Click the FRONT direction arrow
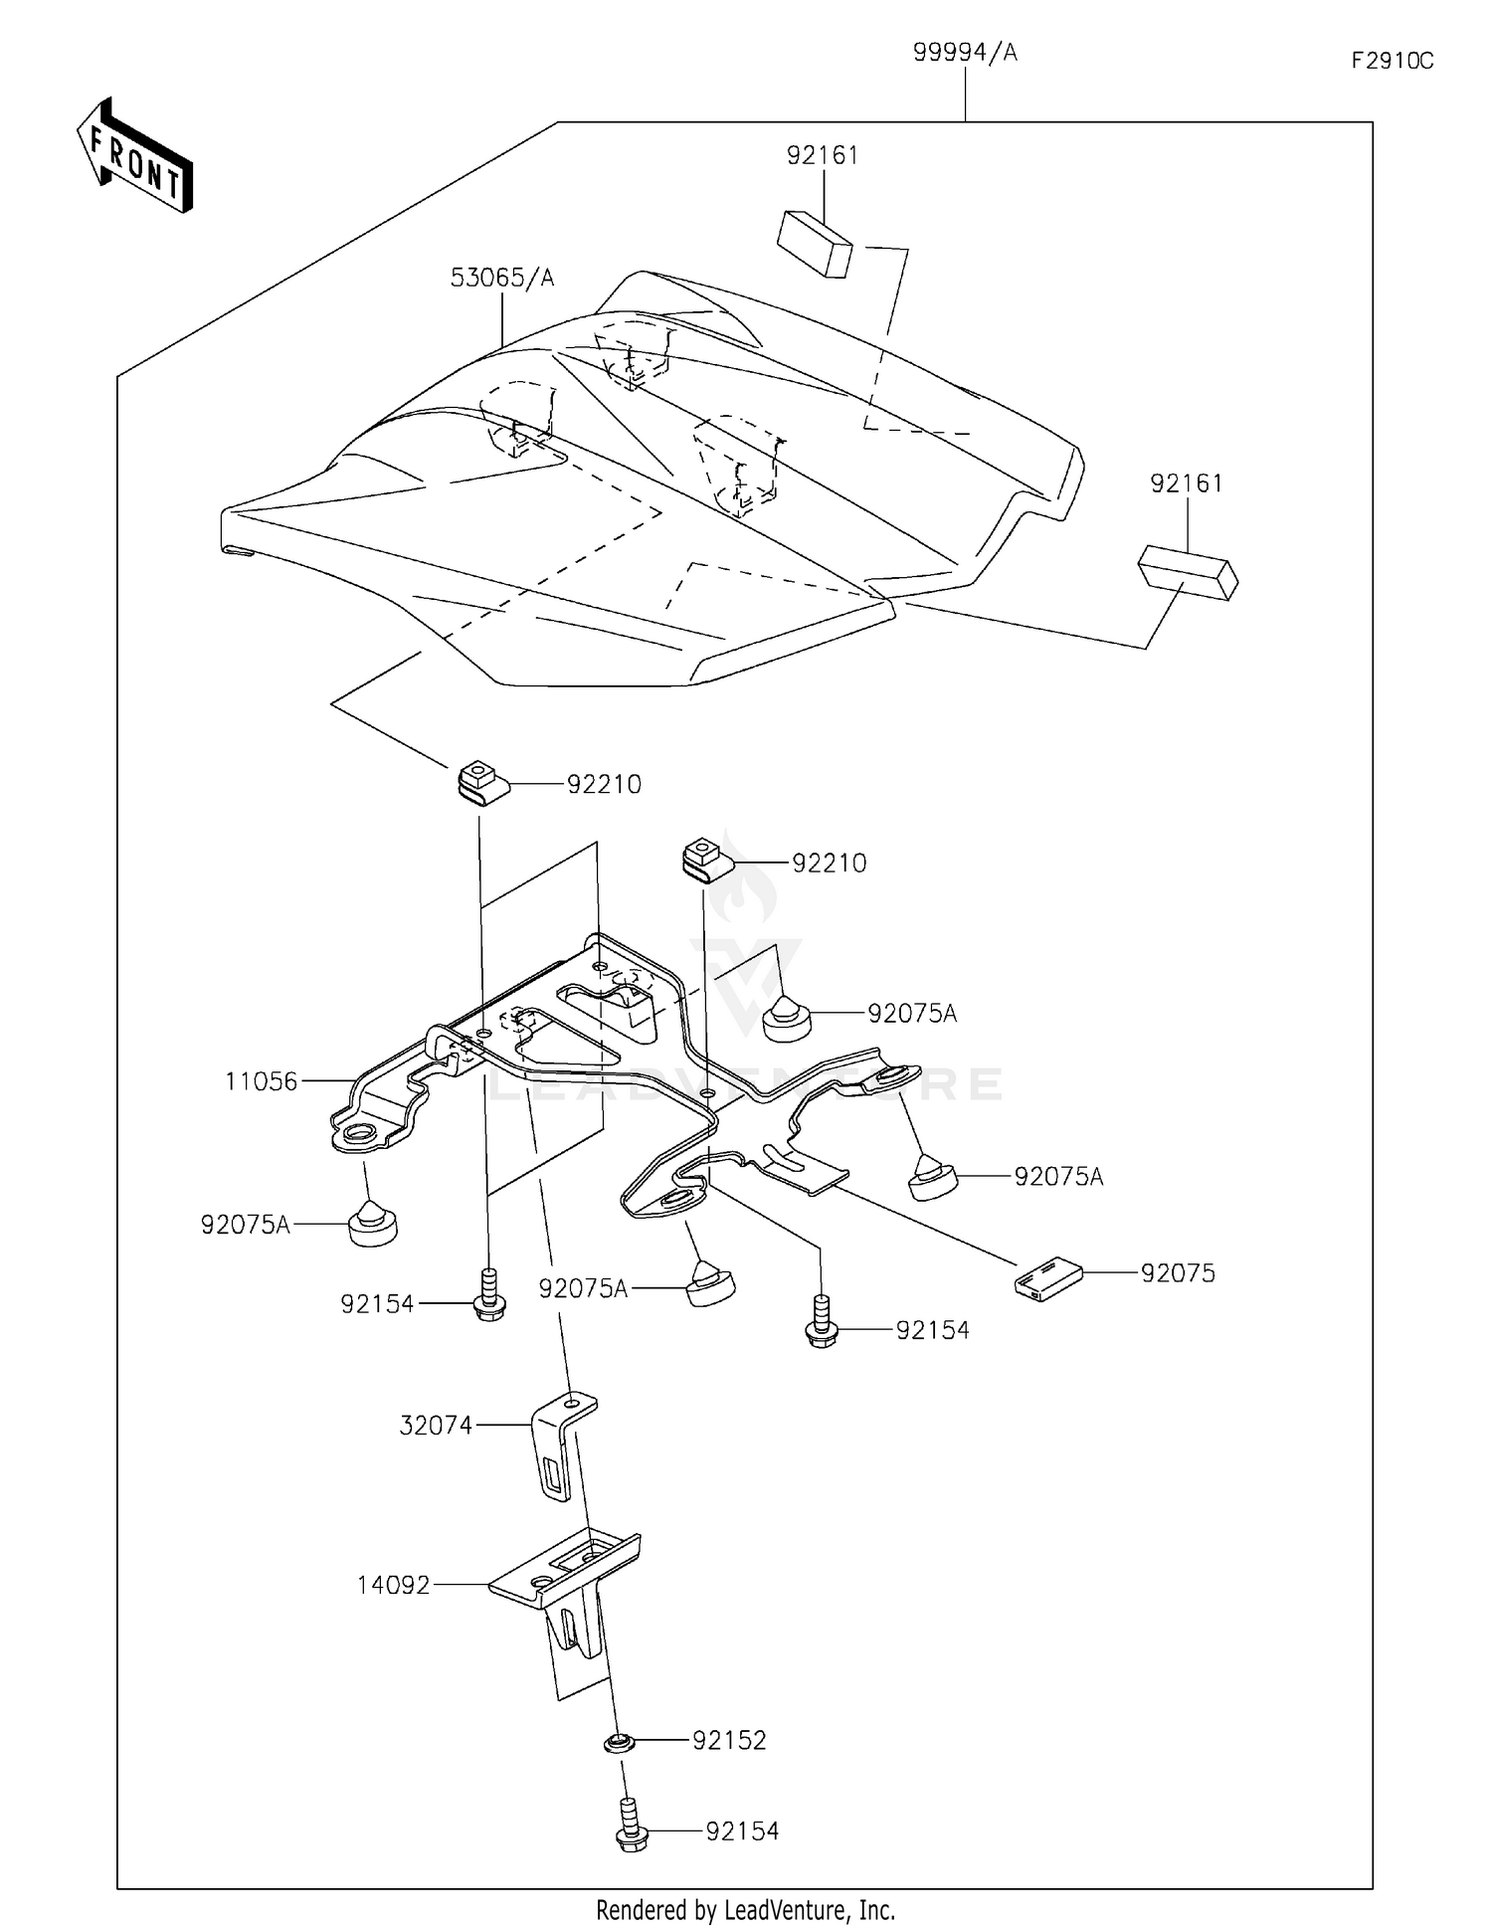135,157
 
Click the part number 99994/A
965,53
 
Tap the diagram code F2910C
1392,61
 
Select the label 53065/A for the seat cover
501,278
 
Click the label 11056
261,1080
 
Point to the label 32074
436,1425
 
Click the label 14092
394,1584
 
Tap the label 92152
729,1740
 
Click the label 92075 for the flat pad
1178,1272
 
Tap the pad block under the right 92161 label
1188,572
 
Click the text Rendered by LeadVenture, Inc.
745,1909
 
